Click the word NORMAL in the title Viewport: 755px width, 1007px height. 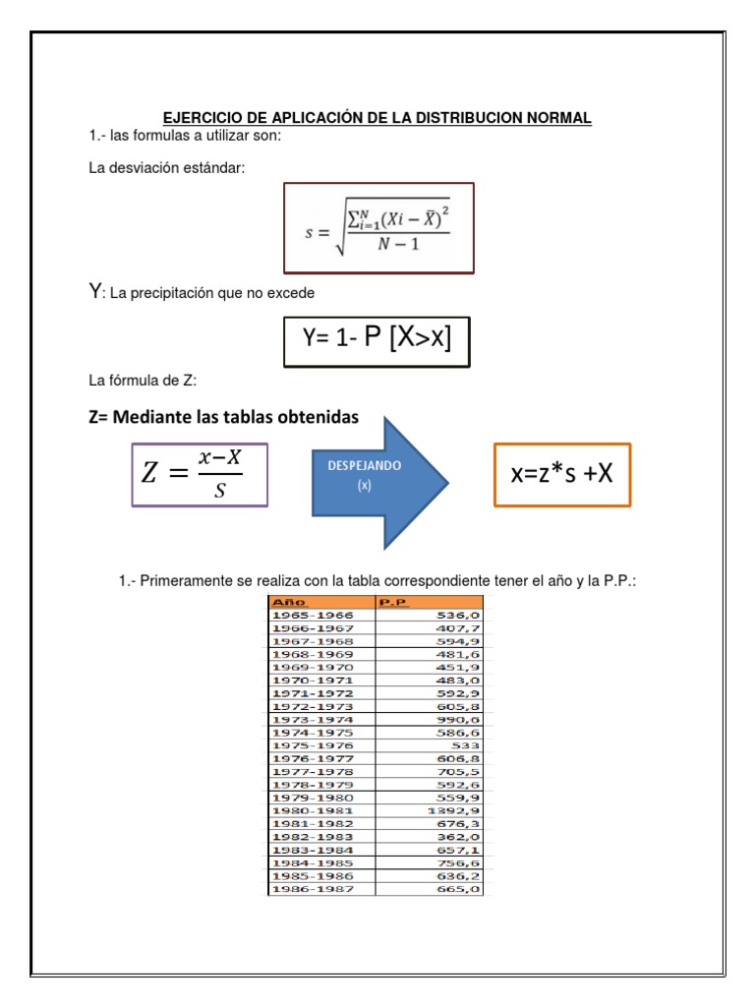[556, 118]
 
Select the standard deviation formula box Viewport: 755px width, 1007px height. [378, 227]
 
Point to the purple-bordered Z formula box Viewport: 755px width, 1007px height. [200, 474]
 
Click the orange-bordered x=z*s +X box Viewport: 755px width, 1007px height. [561, 474]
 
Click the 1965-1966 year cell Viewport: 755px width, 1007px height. [312, 615]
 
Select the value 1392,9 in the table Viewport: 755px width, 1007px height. [456, 810]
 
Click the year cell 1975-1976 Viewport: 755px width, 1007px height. [312, 745]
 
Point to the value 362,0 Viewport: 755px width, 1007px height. [460, 837]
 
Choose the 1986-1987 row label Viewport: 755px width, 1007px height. [312, 889]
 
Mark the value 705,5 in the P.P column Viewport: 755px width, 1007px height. [460, 772]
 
